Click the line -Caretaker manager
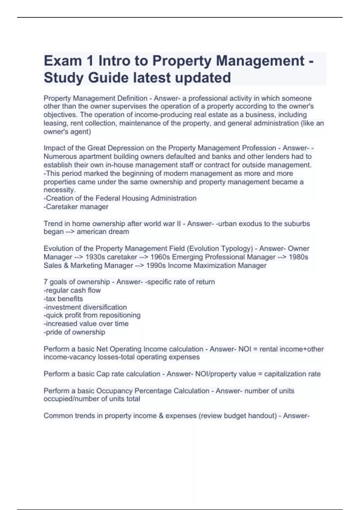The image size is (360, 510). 76,207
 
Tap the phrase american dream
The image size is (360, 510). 103,232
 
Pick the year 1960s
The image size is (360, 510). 160,257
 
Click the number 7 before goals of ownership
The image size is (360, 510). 45,282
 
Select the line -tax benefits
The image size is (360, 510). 63,299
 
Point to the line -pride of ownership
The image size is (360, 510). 74,332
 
